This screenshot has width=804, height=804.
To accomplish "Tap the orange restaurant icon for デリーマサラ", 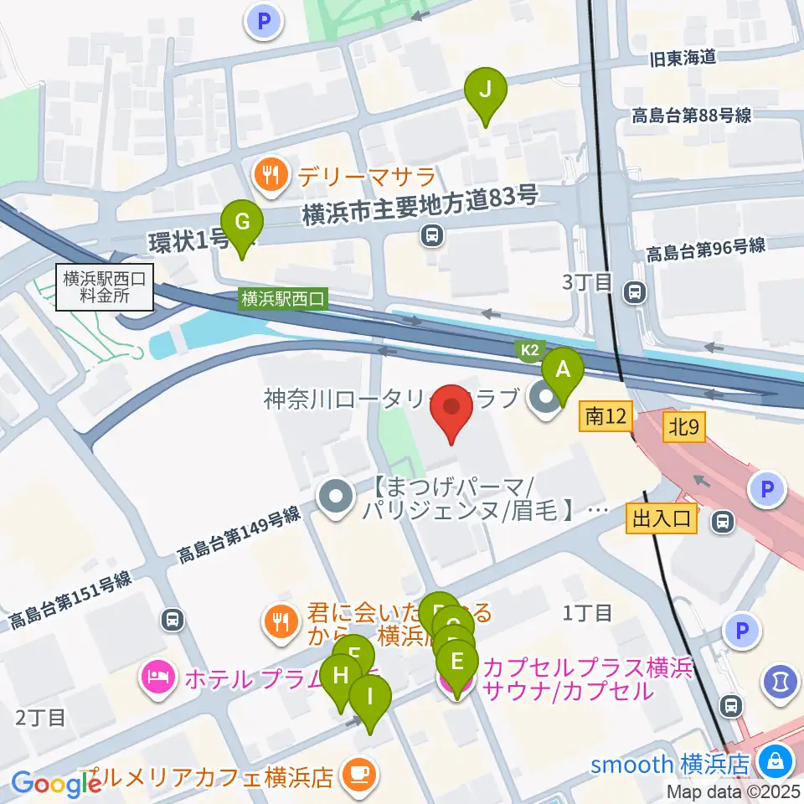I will pyautogui.click(x=269, y=174).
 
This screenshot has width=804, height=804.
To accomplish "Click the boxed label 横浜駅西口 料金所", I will pyautogui.click(x=105, y=286).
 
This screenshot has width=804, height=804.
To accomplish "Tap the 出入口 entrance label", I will pyautogui.click(x=662, y=519).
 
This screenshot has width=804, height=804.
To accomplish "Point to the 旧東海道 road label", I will pyautogui.click(x=683, y=57).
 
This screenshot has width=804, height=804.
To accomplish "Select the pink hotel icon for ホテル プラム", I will pyautogui.click(x=159, y=674).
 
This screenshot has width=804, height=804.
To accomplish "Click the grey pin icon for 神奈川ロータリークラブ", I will pyautogui.click(x=545, y=399).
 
